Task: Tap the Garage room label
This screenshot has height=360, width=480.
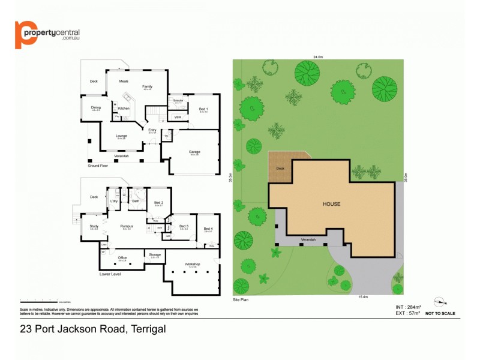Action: click(x=195, y=152)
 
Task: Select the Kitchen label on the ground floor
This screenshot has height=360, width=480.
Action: click(x=124, y=108)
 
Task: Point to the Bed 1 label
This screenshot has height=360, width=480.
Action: click(x=203, y=109)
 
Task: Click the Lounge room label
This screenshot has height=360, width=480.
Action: click(x=121, y=136)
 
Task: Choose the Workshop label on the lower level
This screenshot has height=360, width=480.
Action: click(x=193, y=264)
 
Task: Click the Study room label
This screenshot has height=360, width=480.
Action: click(x=94, y=226)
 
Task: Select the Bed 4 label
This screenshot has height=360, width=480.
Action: click(x=208, y=228)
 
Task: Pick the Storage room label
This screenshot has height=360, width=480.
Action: click(x=155, y=255)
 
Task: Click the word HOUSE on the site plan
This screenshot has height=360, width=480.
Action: click(x=331, y=204)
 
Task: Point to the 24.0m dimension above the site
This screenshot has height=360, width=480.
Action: click(x=318, y=57)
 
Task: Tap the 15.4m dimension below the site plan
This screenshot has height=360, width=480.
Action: click(x=363, y=296)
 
